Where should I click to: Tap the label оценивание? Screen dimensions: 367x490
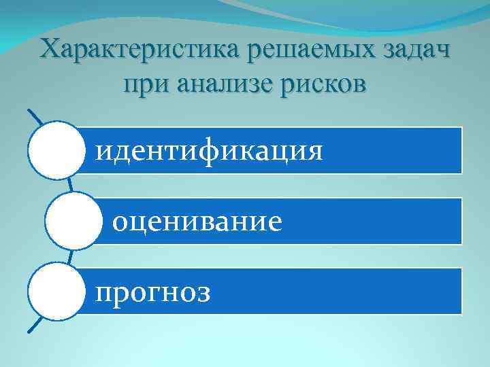197,220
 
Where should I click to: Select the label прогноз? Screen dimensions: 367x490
153,292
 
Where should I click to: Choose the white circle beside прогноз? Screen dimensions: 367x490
55,292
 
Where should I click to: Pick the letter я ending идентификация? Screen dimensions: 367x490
315,150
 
